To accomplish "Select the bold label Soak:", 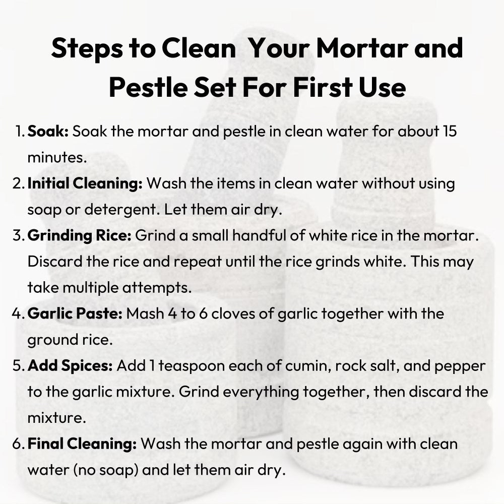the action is (x=48, y=131).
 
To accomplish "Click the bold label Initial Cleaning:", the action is (x=85, y=184).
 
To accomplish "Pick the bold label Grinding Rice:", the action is (x=80, y=236).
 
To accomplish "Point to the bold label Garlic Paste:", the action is (x=75, y=313).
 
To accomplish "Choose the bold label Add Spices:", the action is (x=70, y=366).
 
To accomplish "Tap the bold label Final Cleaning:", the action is (x=82, y=444).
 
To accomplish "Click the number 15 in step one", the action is (x=450, y=131).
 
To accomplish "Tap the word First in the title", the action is (x=323, y=87).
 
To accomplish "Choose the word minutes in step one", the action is (x=57, y=157).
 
